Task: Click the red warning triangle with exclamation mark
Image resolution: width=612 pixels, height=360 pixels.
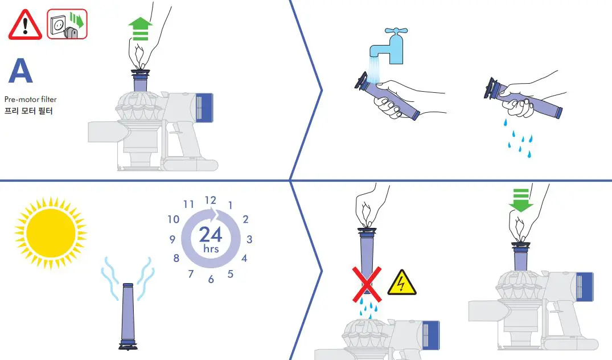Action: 25,25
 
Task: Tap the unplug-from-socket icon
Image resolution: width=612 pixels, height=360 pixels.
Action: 67,24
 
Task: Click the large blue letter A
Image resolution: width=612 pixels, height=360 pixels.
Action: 21,72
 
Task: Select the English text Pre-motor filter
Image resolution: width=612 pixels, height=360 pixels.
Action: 30,100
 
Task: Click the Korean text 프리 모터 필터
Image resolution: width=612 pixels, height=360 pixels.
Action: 28,111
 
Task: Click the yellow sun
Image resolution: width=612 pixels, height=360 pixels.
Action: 51,230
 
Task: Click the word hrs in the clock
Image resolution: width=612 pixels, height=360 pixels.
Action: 211,249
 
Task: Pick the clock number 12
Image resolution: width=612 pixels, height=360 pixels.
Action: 211,200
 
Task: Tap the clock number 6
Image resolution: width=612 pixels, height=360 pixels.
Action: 211,279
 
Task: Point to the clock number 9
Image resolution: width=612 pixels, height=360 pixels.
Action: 171,240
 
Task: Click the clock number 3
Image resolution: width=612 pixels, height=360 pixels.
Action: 249,240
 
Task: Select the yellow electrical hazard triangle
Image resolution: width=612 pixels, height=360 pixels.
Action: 401,283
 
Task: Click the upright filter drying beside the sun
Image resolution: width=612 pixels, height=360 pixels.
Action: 127,316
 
